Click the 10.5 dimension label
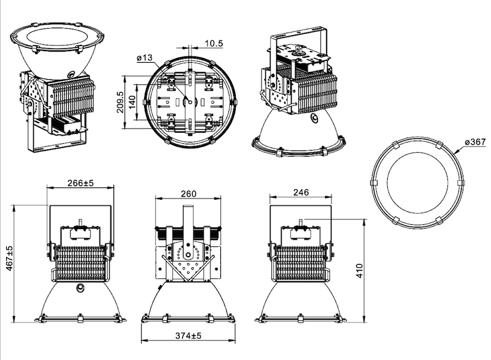[214, 43]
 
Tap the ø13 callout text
[144, 58]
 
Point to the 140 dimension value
[132, 102]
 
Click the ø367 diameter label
[475, 142]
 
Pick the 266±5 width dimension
[80, 182]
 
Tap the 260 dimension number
[188, 194]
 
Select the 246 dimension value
[301, 192]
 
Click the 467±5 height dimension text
[10, 259]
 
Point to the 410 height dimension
[359, 271]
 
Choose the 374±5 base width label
[188, 335]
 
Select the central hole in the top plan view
[190, 101]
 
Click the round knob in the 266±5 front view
[81, 288]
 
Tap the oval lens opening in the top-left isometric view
[57, 37]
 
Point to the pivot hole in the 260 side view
[188, 255]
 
